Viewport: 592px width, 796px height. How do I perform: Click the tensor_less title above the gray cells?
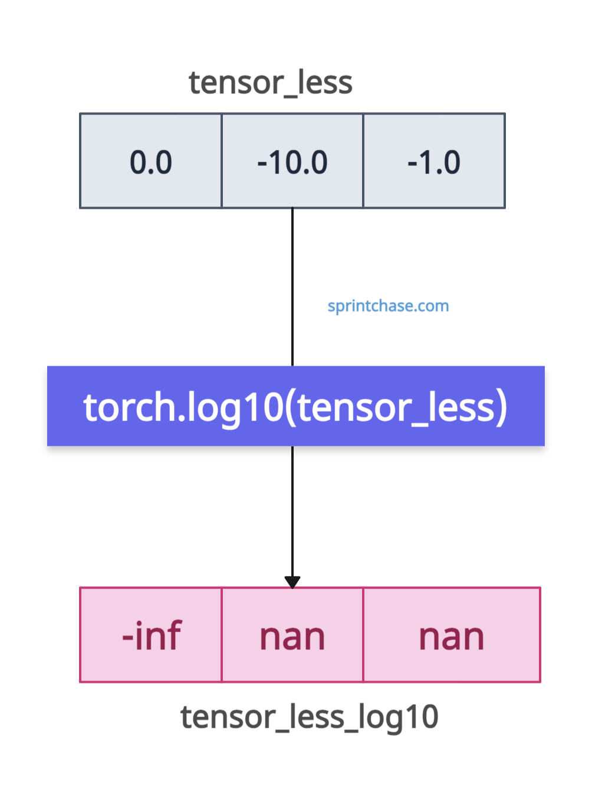tap(270, 83)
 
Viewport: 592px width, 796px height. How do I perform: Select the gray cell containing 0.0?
tap(150, 161)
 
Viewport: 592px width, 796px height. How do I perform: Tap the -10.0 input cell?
tap(292, 161)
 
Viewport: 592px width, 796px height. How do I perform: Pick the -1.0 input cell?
tap(434, 161)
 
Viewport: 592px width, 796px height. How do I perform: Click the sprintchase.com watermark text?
tap(388, 307)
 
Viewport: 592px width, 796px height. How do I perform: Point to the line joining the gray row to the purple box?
tap(292, 287)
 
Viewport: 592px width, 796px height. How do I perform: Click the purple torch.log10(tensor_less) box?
tap(296, 406)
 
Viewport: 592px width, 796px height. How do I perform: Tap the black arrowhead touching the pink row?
tap(292, 582)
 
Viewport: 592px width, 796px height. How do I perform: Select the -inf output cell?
tap(150, 635)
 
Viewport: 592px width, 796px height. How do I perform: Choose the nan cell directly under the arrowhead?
tap(292, 635)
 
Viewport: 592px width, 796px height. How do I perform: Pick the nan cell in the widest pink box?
tap(452, 635)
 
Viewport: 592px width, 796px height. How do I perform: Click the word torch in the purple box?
tap(129, 407)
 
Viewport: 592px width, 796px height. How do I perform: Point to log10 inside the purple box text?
tap(235, 409)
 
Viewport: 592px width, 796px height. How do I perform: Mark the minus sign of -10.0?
tap(262, 163)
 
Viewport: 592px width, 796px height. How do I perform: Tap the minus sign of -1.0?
tap(412, 163)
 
